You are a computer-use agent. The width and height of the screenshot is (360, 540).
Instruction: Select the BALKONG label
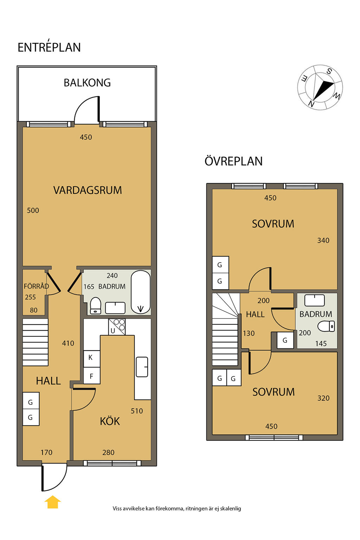[87, 83]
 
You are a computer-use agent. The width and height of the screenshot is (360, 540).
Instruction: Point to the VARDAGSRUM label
[88, 190]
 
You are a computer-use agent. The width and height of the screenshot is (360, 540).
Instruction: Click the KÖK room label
[110, 421]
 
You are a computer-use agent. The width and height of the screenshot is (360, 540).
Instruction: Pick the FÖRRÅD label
[36, 286]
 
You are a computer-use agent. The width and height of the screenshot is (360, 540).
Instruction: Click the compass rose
[320, 87]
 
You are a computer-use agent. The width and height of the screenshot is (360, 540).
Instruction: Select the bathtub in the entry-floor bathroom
[141, 292]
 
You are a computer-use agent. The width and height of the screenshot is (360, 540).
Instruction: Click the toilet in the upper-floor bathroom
[326, 326]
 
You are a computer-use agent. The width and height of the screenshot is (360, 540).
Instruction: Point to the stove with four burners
[117, 327]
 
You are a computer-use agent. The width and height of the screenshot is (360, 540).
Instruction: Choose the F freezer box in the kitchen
[92, 375]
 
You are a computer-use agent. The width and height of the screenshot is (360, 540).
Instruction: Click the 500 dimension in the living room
[33, 211]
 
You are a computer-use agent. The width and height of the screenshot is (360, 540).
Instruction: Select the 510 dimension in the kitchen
[137, 411]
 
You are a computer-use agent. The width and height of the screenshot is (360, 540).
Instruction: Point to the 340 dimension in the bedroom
[323, 240]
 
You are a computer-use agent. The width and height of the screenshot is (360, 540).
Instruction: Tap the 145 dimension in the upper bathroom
[321, 343]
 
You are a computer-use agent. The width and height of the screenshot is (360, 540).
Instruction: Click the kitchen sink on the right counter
[142, 367]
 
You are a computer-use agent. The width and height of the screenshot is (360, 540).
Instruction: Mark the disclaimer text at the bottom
[177, 508]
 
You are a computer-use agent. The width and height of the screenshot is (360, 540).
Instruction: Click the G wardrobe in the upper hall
[285, 340]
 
